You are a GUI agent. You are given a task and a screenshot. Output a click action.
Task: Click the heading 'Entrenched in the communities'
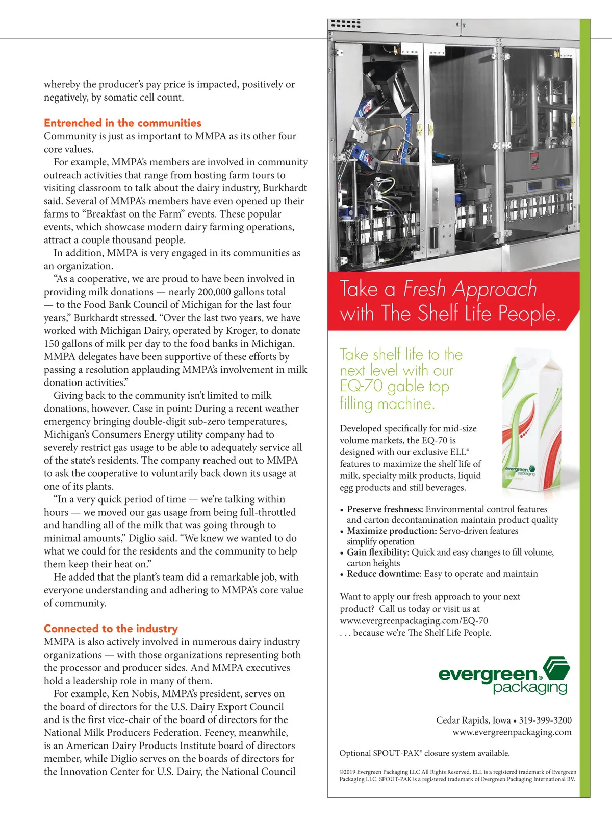(x=122, y=123)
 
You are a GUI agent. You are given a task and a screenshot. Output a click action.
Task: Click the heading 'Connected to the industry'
(x=111, y=629)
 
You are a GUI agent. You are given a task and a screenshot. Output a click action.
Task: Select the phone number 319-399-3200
(x=545, y=720)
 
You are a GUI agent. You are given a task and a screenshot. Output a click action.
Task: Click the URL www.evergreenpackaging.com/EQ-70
(x=414, y=620)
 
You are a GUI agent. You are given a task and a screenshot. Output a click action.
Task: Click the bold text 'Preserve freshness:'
(x=385, y=509)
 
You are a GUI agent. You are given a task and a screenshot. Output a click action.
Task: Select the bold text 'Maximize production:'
(x=392, y=531)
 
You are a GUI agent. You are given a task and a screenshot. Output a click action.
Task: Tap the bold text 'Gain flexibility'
(x=377, y=552)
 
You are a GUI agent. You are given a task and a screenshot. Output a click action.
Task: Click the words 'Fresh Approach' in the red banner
(x=470, y=289)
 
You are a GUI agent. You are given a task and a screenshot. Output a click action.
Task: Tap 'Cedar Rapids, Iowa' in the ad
(x=473, y=720)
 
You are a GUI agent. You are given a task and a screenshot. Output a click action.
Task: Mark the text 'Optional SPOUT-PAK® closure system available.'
(x=424, y=753)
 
